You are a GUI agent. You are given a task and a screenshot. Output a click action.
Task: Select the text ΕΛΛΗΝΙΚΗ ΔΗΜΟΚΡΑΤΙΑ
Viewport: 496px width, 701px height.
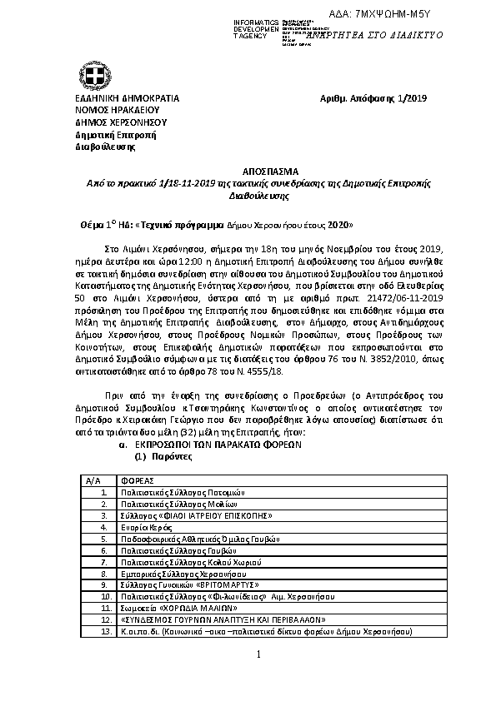[128, 98]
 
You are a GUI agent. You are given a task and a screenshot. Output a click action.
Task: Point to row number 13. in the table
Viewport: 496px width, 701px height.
[104, 632]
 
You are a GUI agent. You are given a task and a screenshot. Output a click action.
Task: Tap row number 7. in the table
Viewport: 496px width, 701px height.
[104, 562]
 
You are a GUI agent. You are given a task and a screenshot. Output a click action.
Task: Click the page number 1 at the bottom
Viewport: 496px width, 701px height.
[258, 654]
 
